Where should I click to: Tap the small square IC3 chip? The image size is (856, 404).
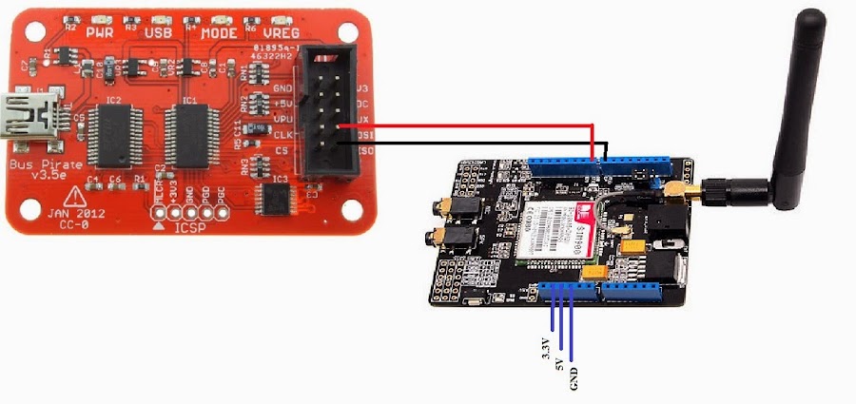pyautogui.click(x=276, y=199)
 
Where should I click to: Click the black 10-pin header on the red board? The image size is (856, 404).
pyautogui.click(x=327, y=114)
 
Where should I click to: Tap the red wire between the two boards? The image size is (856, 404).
pyautogui.click(x=466, y=125)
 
